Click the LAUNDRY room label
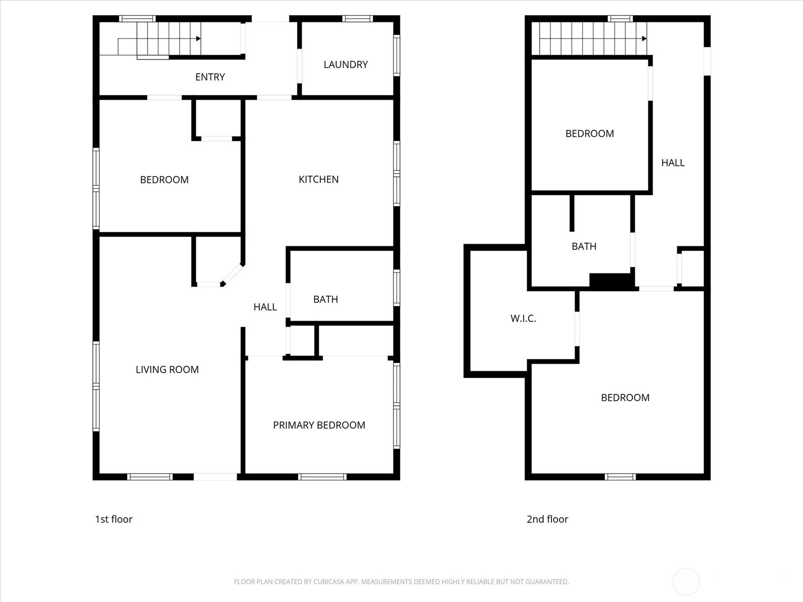click(346, 65)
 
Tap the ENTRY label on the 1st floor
click(210, 77)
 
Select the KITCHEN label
click(319, 180)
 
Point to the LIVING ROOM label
click(167, 370)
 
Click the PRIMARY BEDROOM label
click(319, 425)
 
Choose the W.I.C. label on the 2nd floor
click(523, 319)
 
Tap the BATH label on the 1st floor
click(326, 299)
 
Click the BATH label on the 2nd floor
click(584, 246)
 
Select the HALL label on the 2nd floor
click(673, 163)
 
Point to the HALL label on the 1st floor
click(265, 307)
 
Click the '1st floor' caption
click(114, 519)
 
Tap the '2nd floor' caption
click(547, 519)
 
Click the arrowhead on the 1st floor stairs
click(199, 39)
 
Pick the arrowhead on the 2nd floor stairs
click(644, 39)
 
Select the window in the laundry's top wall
click(357, 19)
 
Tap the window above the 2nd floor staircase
click(620, 19)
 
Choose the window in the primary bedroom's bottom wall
click(322, 477)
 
